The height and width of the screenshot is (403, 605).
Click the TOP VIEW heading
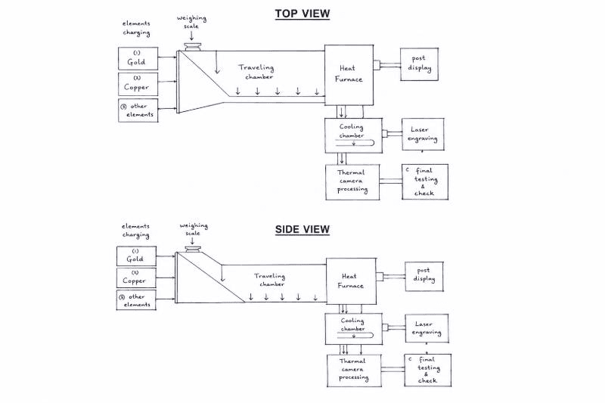click(302, 14)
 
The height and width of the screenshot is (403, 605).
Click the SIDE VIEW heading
click(302, 229)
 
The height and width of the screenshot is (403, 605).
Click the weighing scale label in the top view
click(191, 22)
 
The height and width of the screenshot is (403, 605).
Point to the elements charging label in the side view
click(135, 230)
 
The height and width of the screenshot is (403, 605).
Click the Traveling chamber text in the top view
click(256, 72)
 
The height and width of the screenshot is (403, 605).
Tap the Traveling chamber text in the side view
click(270, 280)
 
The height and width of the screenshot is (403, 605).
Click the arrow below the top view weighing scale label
click(191, 36)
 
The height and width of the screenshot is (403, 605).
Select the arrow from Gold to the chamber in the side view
click(166, 256)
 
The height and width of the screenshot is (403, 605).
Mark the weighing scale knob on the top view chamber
click(193, 47)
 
